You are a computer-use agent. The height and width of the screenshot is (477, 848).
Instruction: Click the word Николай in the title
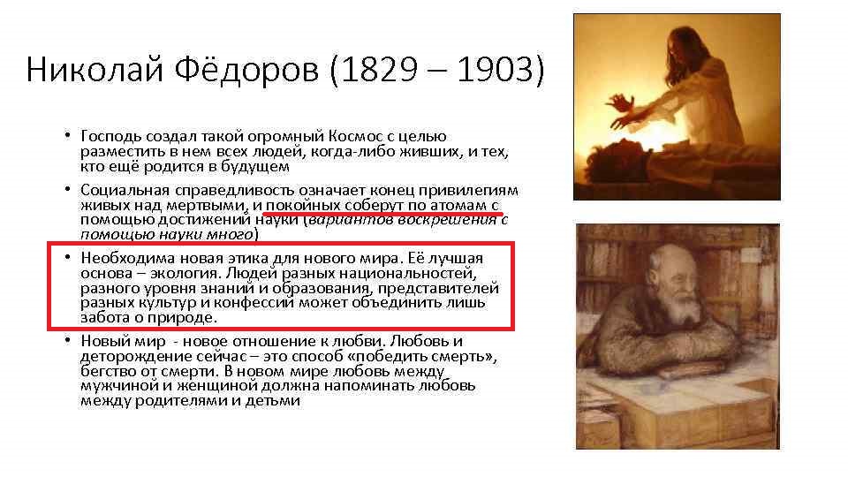coord(95,69)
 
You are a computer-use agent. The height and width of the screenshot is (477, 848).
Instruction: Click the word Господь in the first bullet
coord(111,136)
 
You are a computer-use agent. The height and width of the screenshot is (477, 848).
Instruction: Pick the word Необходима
coord(127,258)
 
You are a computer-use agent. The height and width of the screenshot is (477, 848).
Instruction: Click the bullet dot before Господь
coord(67,134)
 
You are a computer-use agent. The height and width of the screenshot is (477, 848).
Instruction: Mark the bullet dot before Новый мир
coord(67,339)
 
